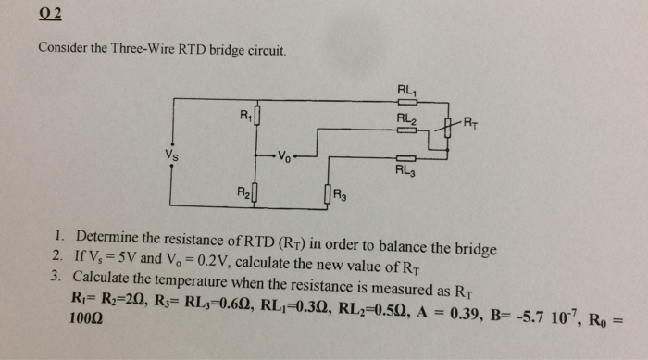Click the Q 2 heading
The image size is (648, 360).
coord(50,14)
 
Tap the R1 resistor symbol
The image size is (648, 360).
coord(257,116)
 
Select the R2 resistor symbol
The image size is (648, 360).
coord(255,192)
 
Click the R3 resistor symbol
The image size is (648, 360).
coord(328,194)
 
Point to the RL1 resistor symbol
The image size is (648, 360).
coord(407,102)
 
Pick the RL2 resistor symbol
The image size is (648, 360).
coord(406,130)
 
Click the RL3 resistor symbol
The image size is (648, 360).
coord(405,158)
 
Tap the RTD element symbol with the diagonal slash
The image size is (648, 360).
coord(447,128)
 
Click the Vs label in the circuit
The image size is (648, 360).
coord(172,155)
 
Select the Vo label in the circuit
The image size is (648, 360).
coord(284,156)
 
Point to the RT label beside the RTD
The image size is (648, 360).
coord(470,123)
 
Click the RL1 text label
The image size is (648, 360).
coord(407,90)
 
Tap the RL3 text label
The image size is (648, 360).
coord(405,170)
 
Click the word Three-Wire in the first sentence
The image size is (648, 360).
coord(143,49)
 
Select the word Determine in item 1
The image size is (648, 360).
coord(106,237)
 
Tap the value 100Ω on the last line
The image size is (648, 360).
coord(86,318)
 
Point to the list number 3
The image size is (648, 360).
coord(56,276)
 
